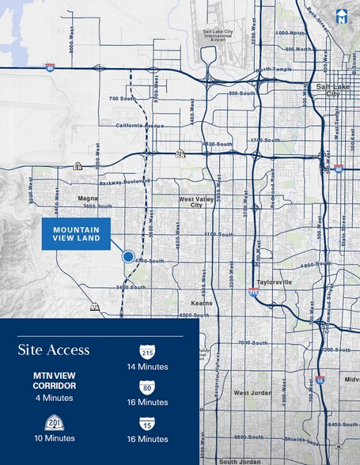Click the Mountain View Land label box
click(76, 234)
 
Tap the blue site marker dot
click(128, 256)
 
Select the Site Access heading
click(54, 350)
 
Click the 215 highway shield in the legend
click(147, 351)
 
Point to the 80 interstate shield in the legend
click(147, 387)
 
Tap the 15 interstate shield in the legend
click(147, 423)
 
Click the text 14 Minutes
click(147, 365)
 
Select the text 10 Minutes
click(55, 437)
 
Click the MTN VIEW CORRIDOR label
click(54, 380)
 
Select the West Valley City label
click(195, 202)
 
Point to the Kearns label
click(202, 302)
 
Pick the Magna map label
click(87, 198)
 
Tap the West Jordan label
click(252, 393)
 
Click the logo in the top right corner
click(342, 14)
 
